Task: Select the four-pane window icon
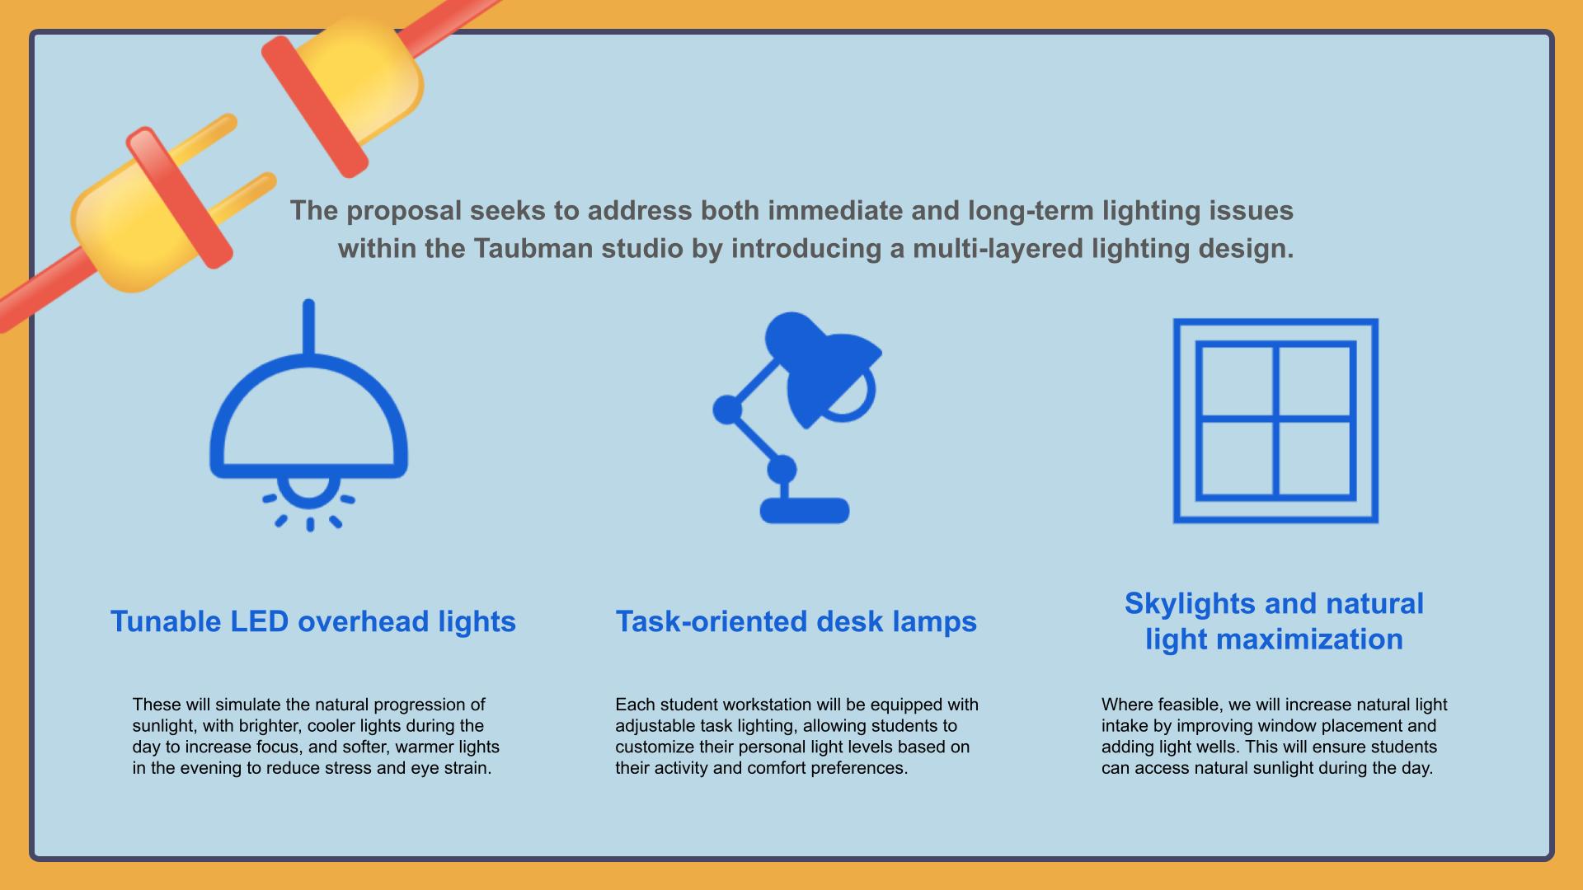pyautogui.click(x=1275, y=420)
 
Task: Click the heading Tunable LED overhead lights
pyautogui.click(x=313, y=621)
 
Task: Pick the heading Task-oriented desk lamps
pyautogui.click(x=796, y=621)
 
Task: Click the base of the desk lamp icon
pyautogui.click(x=805, y=510)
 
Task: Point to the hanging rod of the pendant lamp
pyautogui.click(x=308, y=327)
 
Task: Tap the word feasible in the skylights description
pyautogui.click(x=1193, y=705)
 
